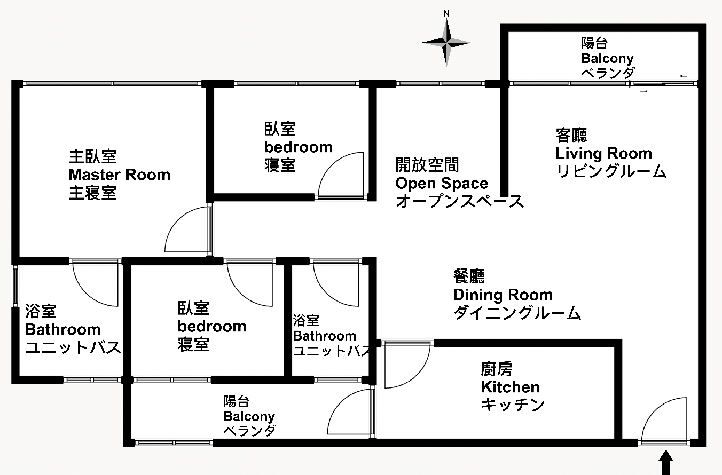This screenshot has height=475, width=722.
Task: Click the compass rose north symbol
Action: click(446, 43)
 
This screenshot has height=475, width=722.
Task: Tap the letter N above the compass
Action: click(446, 13)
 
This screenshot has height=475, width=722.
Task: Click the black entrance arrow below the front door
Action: click(666, 463)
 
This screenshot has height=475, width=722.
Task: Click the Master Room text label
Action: click(119, 175)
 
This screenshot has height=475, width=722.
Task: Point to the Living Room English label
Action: click(603, 153)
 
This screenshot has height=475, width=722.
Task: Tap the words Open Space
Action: click(442, 184)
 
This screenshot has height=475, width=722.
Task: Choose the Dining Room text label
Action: click(503, 295)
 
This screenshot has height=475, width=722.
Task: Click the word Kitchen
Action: click(510, 387)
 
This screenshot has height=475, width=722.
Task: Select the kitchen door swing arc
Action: click(416, 375)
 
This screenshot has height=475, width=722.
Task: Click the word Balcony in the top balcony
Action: click(607, 59)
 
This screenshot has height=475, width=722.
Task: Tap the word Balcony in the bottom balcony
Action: click(249, 416)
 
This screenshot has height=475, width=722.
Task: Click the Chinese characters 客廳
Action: click(571, 135)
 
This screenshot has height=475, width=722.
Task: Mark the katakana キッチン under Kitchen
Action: click(513, 405)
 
